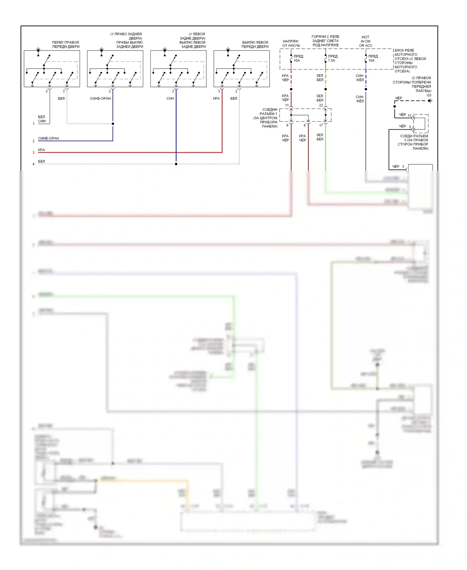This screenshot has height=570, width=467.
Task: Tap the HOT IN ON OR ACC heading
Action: pos(366,41)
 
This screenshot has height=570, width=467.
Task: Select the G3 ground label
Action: pos(429,95)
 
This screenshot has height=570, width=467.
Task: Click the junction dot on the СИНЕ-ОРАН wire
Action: pos(113,124)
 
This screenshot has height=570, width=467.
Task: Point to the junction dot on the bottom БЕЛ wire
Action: pos(176,164)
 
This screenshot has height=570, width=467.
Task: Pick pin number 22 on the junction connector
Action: pos(321,105)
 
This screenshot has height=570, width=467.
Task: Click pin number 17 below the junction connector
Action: pos(321,125)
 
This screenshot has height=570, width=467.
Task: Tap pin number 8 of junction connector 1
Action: pos(305,125)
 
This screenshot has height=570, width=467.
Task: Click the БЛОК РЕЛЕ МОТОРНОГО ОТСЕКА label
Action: pos(410,60)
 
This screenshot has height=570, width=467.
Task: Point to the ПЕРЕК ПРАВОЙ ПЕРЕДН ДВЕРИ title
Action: pos(66,45)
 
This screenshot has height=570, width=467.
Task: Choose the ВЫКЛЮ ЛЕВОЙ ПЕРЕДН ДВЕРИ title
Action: pos(255,45)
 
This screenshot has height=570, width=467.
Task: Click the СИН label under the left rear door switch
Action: pos(170,99)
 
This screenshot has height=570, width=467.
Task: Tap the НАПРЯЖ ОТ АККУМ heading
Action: pos(291,43)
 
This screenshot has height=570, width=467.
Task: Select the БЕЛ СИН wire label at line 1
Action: pos(42,119)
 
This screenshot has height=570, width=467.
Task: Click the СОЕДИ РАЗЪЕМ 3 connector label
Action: pos(414,142)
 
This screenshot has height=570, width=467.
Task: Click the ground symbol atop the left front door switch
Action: pos(228,50)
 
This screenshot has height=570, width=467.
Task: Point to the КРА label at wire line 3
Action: pos(41,150)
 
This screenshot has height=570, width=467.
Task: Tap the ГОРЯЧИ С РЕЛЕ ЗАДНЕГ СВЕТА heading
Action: pos(325,41)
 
